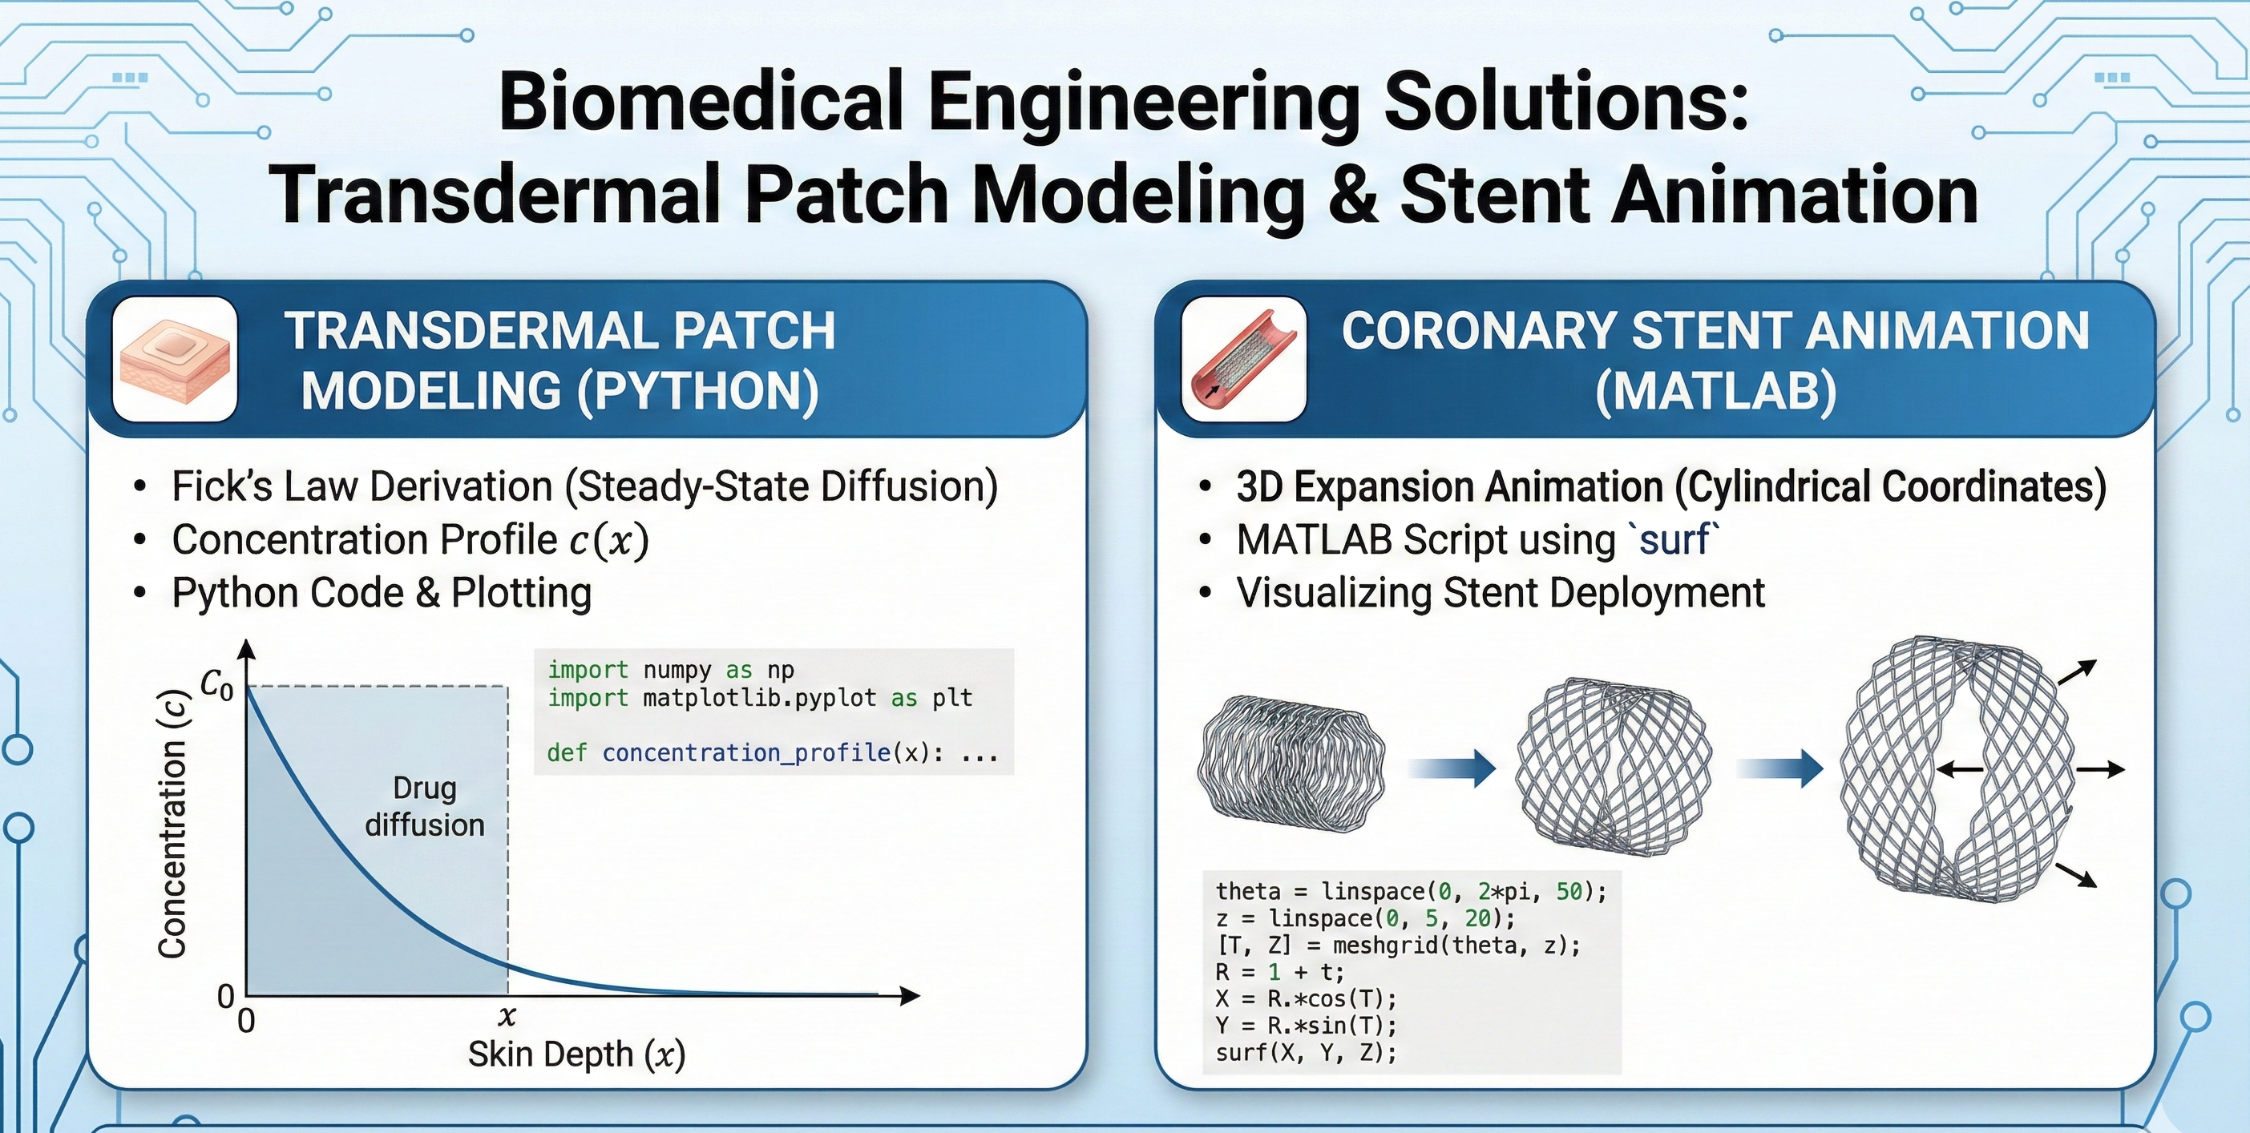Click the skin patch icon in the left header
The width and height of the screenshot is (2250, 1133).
point(175,359)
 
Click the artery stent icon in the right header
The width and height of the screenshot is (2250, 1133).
point(1244,359)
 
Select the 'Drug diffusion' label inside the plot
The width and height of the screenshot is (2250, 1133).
point(425,807)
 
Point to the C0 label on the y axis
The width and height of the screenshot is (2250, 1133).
point(216,684)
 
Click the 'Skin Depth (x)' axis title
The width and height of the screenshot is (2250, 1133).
point(576,1054)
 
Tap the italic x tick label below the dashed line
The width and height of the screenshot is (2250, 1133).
point(507,1016)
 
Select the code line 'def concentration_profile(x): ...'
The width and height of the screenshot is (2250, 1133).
point(772,752)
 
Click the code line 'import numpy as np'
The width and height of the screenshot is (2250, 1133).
point(671,670)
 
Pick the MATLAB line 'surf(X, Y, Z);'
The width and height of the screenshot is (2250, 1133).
point(1306,1052)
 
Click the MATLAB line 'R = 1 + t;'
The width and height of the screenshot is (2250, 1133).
point(1279,971)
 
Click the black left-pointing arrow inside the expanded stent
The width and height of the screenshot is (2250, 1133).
point(1959,769)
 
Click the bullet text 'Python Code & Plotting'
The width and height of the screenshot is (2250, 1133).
point(382,593)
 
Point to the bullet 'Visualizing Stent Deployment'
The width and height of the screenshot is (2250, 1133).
point(1500,593)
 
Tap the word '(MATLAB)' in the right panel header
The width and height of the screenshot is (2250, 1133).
point(1715,390)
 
